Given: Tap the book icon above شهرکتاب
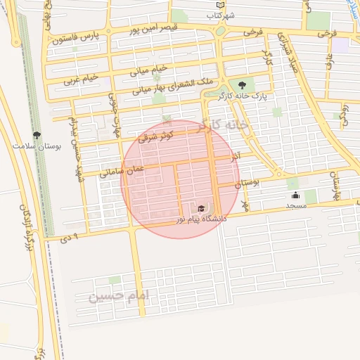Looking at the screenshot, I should coord(220,4).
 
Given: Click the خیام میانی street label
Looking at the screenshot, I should coord(149,70).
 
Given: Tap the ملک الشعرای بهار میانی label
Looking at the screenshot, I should coord(147,89).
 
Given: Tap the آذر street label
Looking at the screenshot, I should coord(236,155).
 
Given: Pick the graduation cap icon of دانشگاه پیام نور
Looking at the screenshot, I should coord(202,209).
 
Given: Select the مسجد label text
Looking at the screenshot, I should coord(296,205).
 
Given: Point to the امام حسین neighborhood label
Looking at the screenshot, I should coord(120,297).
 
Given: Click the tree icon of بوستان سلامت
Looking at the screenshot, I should coord(37,134).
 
